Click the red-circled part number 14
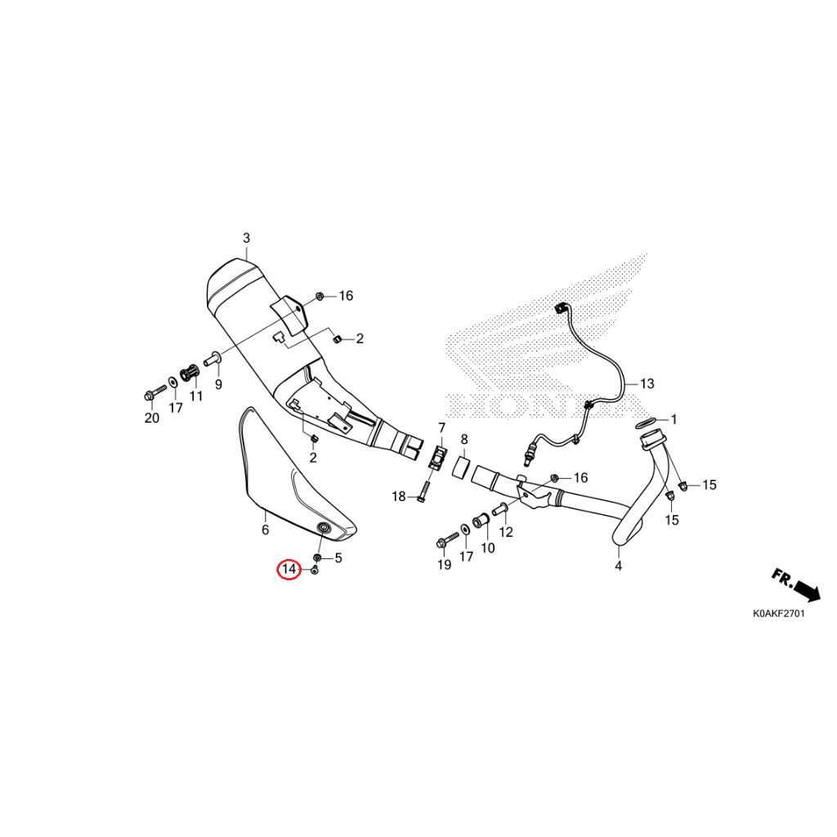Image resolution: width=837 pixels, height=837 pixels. click(289, 569)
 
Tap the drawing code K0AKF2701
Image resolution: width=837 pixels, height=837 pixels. click(778, 613)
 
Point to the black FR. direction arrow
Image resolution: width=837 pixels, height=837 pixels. click(796, 585)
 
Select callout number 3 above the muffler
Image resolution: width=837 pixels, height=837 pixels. click(246, 238)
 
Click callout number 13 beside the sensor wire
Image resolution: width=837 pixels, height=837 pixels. click(647, 383)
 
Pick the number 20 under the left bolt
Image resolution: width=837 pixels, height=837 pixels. click(151, 418)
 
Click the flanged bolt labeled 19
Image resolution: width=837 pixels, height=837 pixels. click(447, 539)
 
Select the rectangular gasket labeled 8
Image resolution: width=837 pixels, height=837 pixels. click(463, 467)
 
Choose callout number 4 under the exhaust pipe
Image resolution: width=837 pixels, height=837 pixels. click(618, 566)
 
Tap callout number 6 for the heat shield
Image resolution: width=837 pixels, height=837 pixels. click(266, 530)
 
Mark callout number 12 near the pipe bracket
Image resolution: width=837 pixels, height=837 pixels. click(505, 531)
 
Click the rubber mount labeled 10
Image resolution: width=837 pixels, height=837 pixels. click(481, 519)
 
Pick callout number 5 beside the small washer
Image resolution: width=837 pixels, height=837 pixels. click(338, 557)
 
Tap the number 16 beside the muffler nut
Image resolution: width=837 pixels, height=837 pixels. click(346, 295)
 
